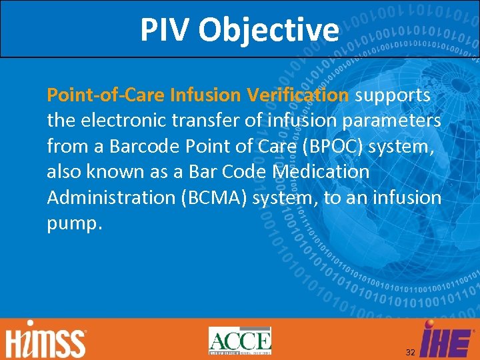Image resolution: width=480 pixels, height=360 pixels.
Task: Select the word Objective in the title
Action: [x=268, y=29]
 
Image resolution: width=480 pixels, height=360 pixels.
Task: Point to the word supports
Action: [x=393, y=95]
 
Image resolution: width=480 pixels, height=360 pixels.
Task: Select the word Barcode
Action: [x=139, y=146]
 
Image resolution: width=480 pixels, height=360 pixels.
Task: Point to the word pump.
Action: [x=74, y=223]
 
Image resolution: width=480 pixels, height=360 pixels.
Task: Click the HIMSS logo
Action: [x=45, y=341]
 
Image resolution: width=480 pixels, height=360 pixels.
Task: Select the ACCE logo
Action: [x=239, y=341]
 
